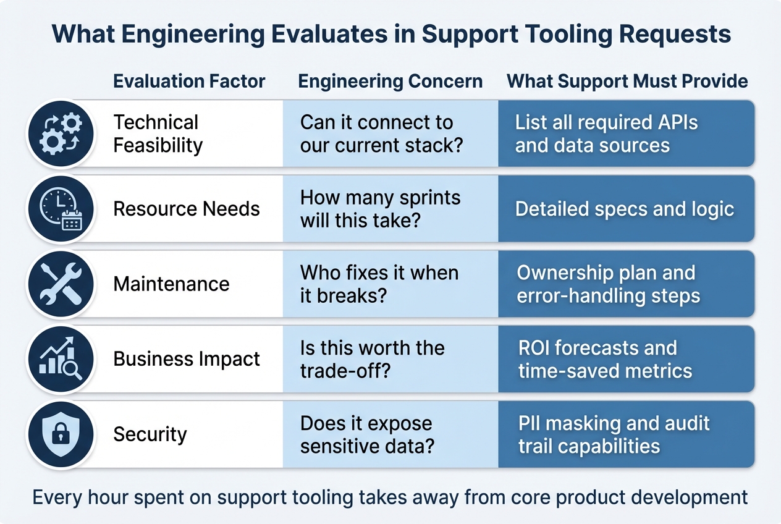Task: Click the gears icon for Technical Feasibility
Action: pyautogui.click(x=61, y=133)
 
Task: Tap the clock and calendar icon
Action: pyautogui.click(x=61, y=209)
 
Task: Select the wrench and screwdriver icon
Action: pyautogui.click(x=61, y=284)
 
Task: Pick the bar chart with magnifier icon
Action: pyautogui.click(x=61, y=359)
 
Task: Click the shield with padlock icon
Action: pyautogui.click(x=61, y=434)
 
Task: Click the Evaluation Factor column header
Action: pyautogui.click(x=189, y=81)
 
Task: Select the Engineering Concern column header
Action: pyautogui.click(x=390, y=81)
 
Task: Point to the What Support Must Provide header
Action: pyautogui.click(x=627, y=81)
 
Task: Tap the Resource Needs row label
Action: pyautogui.click(x=187, y=209)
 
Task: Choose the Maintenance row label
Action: pyautogui.click(x=171, y=284)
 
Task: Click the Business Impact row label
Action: pyautogui.click(x=187, y=359)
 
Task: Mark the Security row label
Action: pyautogui.click(x=150, y=434)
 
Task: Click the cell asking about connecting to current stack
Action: pyautogui.click(x=390, y=133)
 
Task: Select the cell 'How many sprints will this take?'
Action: pyautogui.click(x=390, y=209)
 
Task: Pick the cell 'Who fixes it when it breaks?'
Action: pyautogui.click(x=390, y=284)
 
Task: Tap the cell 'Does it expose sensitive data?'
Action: pyautogui.click(x=390, y=434)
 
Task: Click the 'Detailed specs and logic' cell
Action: pyautogui.click(x=625, y=209)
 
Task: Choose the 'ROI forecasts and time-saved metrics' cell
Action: pyautogui.click(x=625, y=359)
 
